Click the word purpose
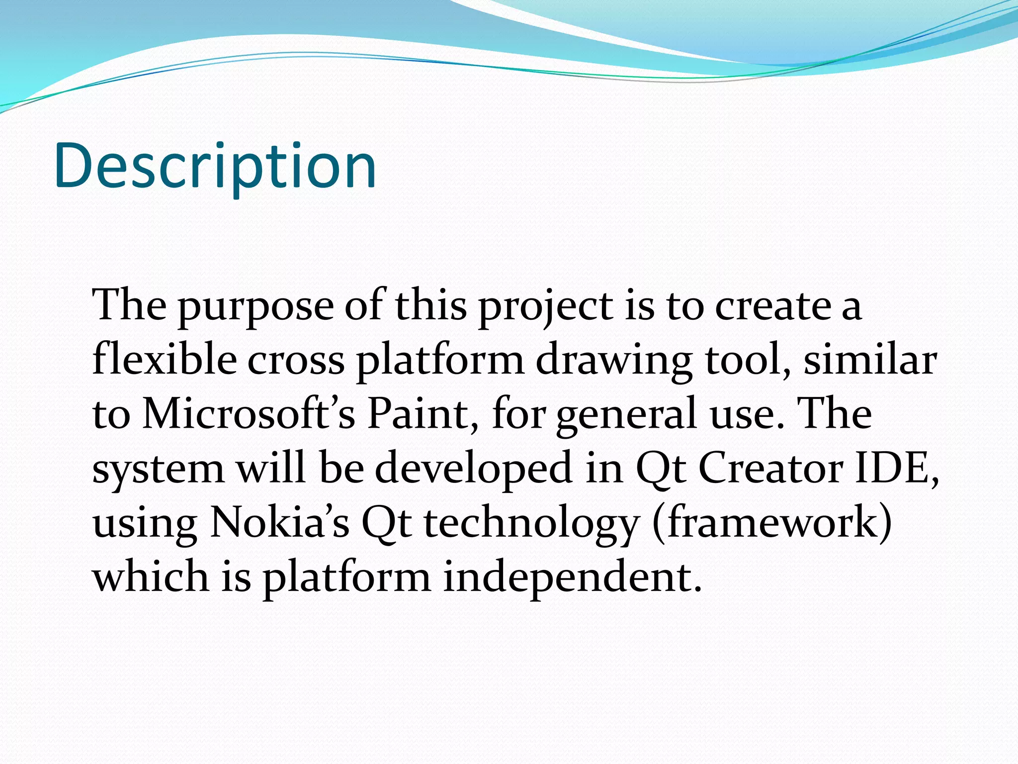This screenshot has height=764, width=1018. pyautogui.click(x=255, y=306)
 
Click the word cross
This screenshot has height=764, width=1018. pyautogui.click(x=296, y=360)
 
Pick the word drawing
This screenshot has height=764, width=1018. pyautogui.click(x=614, y=361)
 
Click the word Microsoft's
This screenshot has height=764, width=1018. pyautogui.click(x=249, y=414)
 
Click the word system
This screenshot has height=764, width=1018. pyautogui.click(x=158, y=470)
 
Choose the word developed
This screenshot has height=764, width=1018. pyautogui.click(x=473, y=470)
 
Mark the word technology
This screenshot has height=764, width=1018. pyautogui.click(x=531, y=524)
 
